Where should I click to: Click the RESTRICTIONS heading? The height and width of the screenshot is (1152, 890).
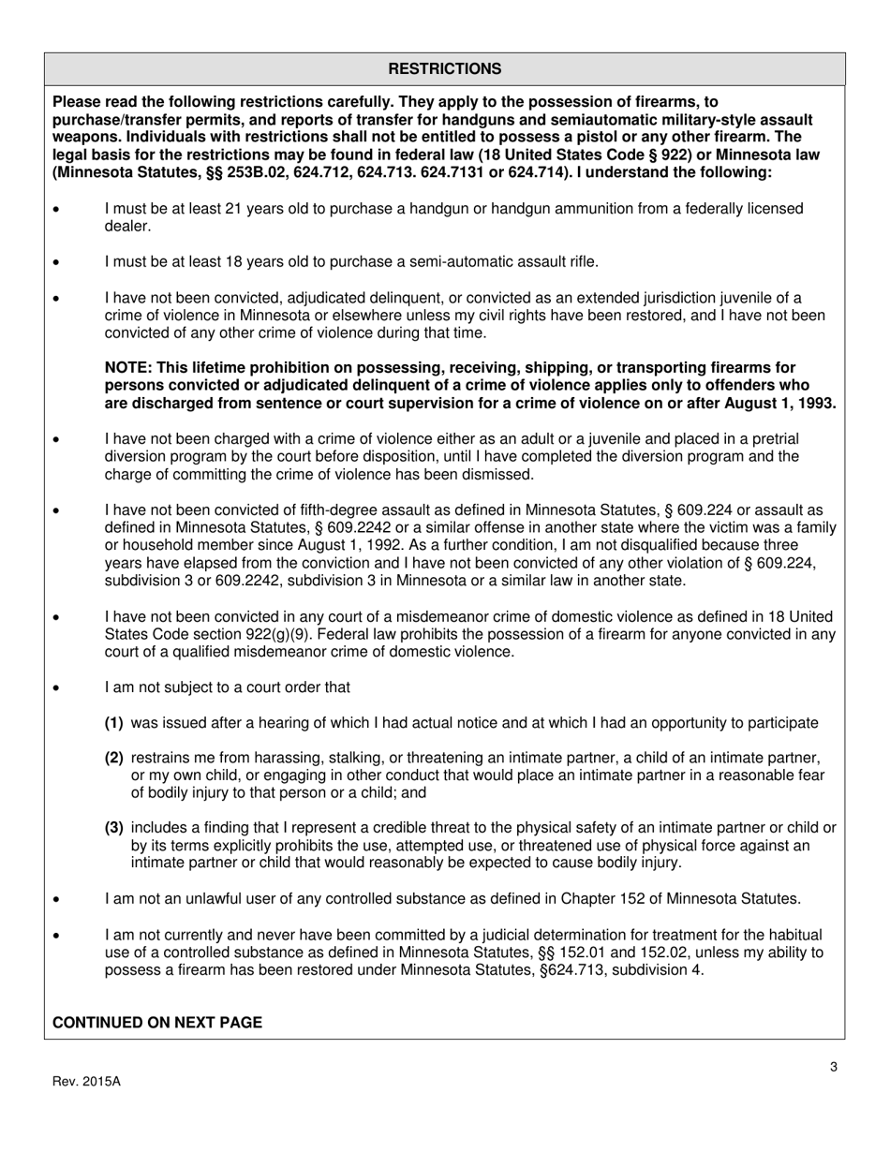click(444, 69)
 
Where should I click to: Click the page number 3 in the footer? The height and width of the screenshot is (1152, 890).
click(833, 1066)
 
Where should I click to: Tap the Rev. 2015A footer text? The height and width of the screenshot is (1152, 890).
click(86, 1081)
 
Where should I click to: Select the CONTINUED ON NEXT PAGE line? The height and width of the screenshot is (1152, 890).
click(157, 1023)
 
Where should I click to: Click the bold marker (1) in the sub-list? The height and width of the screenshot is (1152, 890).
click(114, 723)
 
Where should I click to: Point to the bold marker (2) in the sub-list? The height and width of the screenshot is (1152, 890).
click(114, 758)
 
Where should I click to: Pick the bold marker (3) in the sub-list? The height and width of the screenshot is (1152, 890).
click(114, 828)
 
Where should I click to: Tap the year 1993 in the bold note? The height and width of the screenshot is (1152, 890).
click(817, 404)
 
